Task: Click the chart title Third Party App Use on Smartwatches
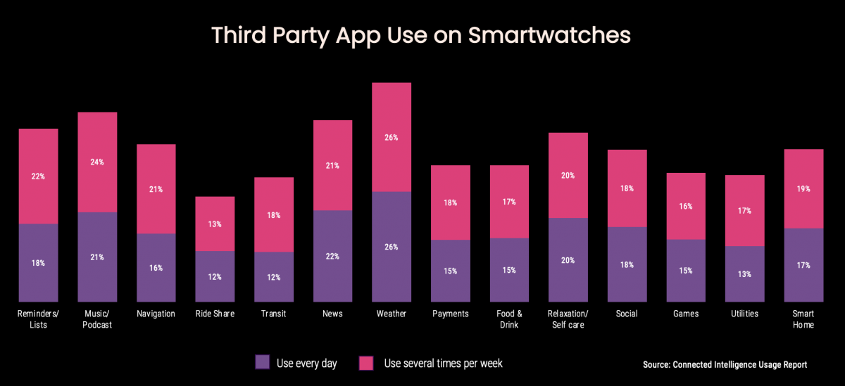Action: [x=422, y=36]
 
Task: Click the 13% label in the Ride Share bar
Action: [x=215, y=224]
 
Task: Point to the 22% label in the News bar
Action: [x=332, y=257]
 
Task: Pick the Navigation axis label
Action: [x=156, y=314]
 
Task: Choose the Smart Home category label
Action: [x=803, y=319]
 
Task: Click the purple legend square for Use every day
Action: [x=262, y=363]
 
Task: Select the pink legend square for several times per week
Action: [x=366, y=363]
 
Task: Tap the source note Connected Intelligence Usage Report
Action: [x=725, y=365]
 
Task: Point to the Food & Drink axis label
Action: [x=510, y=319]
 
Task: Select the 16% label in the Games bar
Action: [x=686, y=207]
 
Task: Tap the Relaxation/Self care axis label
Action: [x=568, y=319]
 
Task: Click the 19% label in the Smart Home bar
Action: [x=803, y=189]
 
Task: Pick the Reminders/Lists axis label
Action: [x=38, y=319]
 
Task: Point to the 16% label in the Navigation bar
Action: [x=156, y=268]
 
